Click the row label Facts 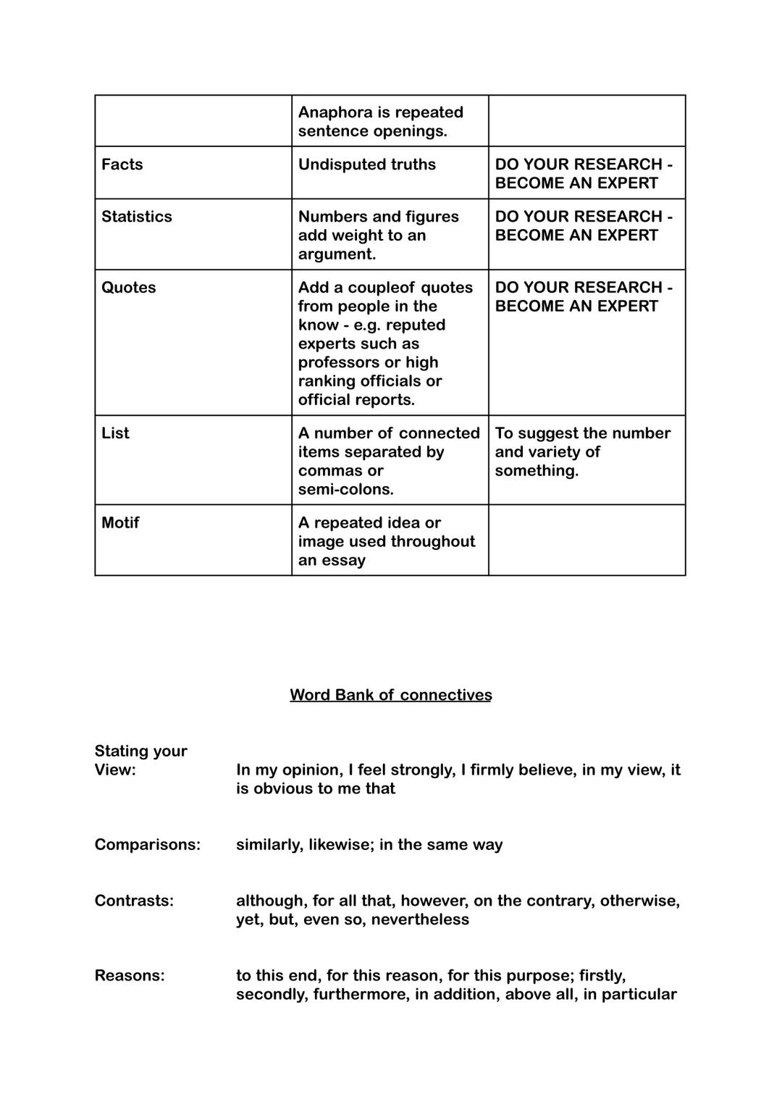(x=122, y=164)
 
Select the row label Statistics (x=136, y=217)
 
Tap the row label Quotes (x=128, y=288)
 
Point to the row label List (x=115, y=433)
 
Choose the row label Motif (x=119, y=523)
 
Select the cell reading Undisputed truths (x=366, y=164)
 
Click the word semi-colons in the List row (x=345, y=490)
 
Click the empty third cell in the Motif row (x=586, y=540)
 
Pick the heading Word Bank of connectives (x=390, y=695)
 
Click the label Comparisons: (x=147, y=845)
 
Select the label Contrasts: (x=134, y=901)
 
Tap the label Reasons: (x=130, y=975)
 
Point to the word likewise (x=340, y=845)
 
